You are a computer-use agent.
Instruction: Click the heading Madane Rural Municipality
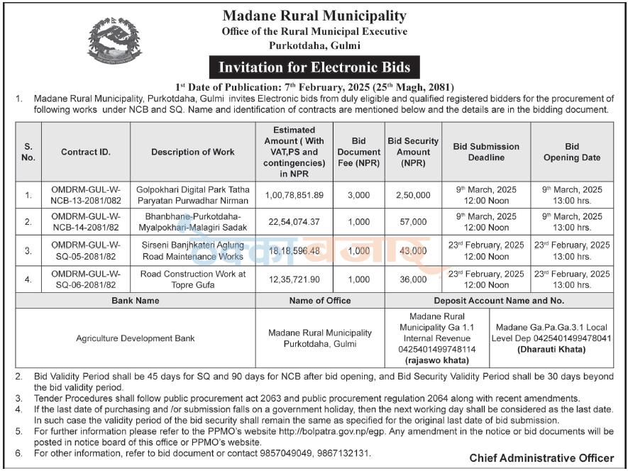pyautogui.click(x=314, y=16)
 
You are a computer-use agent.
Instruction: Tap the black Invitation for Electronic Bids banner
pyautogui.click(x=314, y=67)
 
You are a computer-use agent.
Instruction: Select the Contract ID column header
pyautogui.click(x=86, y=152)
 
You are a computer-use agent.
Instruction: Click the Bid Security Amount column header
pyautogui.click(x=413, y=152)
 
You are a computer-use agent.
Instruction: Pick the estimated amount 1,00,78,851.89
pyautogui.click(x=294, y=195)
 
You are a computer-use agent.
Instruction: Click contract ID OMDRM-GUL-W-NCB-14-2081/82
pyautogui.click(x=86, y=222)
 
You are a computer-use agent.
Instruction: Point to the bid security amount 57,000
pyautogui.click(x=413, y=222)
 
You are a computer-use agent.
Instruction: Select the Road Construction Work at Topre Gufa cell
pyautogui.click(x=192, y=279)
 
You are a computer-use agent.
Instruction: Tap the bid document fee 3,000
pyautogui.click(x=359, y=195)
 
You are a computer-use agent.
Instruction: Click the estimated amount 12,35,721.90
pyautogui.click(x=294, y=279)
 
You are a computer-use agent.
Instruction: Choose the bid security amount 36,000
pyautogui.click(x=413, y=279)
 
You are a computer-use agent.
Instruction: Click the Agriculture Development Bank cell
pyautogui.click(x=136, y=338)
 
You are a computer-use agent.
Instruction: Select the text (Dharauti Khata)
pyautogui.click(x=553, y=350)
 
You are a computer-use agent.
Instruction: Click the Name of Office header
pyautogui.click(x=319, y=301)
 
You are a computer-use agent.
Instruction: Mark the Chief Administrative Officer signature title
pyautogui.click(x=541, y=458)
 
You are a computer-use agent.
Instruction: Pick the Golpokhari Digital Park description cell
pyautogui.click(x=192, y=195)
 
